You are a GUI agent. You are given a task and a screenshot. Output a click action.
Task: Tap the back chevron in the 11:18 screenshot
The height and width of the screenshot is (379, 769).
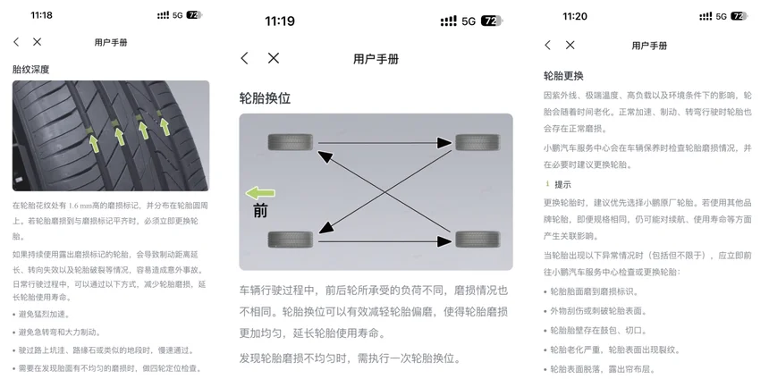tap(16, 42)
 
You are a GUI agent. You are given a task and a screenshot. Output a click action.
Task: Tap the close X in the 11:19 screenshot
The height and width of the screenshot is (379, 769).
tap(274, 58)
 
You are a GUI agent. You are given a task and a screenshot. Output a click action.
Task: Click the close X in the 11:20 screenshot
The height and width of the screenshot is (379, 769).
tap(570, 45)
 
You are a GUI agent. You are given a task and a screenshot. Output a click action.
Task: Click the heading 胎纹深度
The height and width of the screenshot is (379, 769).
tap(31, 69)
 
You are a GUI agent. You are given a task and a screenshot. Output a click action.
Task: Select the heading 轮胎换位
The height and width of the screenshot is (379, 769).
tap(265, 98)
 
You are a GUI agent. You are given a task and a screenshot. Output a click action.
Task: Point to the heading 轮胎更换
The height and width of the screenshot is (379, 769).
tap(563, 76)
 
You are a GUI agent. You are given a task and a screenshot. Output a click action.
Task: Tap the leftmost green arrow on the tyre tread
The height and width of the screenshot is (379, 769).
tap(93, 144)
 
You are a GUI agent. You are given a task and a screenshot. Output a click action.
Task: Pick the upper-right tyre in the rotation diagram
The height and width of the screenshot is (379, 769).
tap(477, 143)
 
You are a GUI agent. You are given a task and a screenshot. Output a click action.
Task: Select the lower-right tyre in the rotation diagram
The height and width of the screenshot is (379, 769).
tap(477, 240)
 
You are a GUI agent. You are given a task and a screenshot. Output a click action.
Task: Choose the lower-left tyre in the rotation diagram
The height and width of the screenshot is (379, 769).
tap(291, 240)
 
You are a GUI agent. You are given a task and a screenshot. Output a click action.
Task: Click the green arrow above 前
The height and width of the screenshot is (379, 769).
tap(260, 193)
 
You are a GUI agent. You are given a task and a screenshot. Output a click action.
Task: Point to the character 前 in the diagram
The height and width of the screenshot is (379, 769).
tap(260, 211)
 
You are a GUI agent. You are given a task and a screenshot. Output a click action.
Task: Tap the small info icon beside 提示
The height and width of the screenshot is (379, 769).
tap(547, 184)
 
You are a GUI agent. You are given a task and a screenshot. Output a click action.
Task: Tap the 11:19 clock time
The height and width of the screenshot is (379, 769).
tap(280, 21)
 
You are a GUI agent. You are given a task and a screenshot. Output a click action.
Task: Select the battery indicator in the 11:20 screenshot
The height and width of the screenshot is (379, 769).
tap(739, 16)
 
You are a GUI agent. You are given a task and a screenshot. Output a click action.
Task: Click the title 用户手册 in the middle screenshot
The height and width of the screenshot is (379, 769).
tap(376, 59)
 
